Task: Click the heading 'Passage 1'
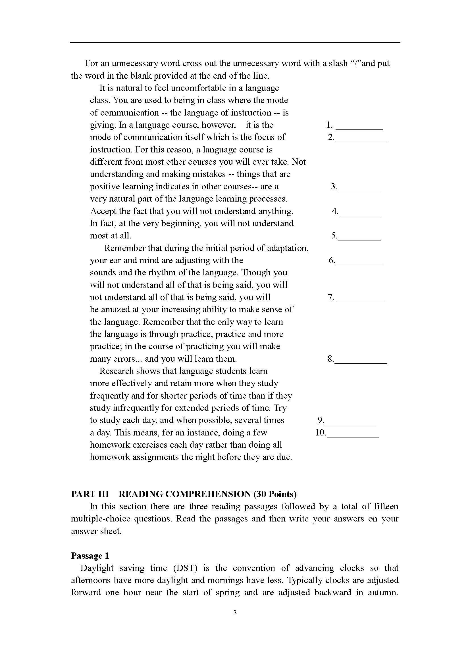pyautogui.click(x=90, y=556)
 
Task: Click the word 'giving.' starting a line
pyautogui.click(x=103, y=125)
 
